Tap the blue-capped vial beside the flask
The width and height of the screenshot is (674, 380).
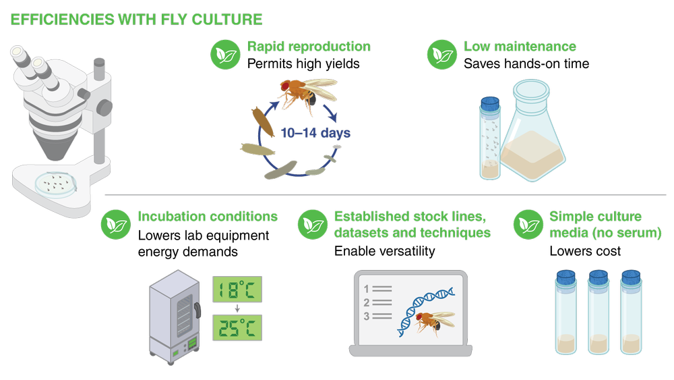[490, 138]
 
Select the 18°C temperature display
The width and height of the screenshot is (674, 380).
[237, 291]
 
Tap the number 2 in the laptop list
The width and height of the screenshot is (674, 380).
[367, 302]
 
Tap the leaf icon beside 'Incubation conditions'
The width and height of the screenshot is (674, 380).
[116, 225]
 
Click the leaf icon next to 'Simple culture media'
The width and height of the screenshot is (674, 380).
[528, 225]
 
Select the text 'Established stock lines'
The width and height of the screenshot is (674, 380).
[410, 217]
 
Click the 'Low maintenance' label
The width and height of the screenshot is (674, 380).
[520, 47]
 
